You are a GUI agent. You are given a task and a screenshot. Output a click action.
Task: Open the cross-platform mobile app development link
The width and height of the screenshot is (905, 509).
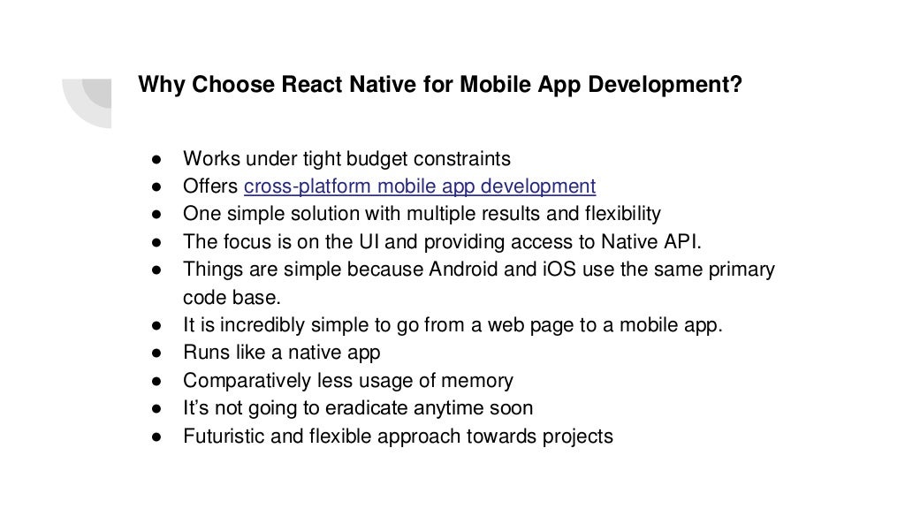[420, 186]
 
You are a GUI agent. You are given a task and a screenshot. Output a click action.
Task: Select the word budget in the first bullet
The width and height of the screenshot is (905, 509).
[377, 159]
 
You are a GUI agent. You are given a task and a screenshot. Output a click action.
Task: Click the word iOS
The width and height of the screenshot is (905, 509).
[556, 270]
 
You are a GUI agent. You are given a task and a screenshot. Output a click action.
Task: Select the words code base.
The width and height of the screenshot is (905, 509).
[231, 298]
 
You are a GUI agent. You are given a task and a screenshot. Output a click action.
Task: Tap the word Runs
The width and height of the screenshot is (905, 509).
[206, 353]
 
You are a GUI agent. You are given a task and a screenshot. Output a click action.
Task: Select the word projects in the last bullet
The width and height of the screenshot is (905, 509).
[580, 437]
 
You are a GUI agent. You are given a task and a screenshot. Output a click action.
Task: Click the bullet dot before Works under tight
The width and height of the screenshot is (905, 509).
[154, 160]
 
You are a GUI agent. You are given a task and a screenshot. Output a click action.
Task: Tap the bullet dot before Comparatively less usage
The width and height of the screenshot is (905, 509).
[154, 382]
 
